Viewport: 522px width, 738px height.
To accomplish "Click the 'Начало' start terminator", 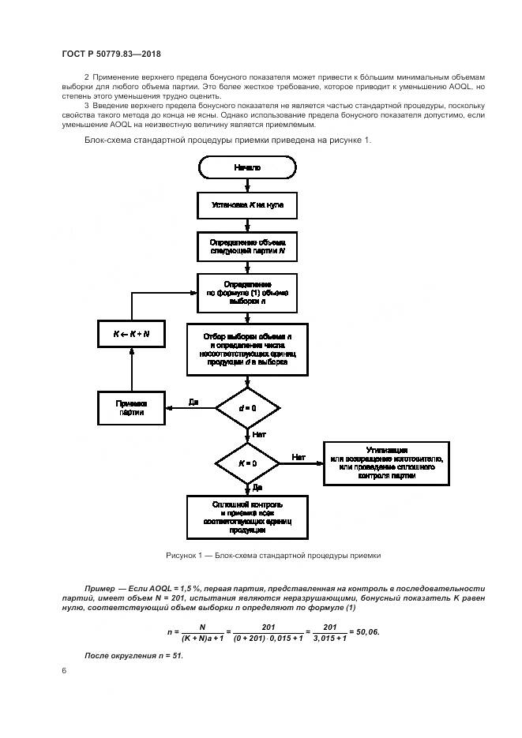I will pos(247,168).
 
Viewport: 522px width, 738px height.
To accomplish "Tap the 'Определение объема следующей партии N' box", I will pos(247,245).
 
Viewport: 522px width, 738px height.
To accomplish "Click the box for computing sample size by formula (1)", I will pos(247,293).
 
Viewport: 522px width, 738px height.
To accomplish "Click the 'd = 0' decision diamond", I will pos(247,407).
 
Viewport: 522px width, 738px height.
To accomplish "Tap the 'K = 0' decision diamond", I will pos(247,464).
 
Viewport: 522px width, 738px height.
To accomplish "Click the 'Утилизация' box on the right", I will pos(386,464).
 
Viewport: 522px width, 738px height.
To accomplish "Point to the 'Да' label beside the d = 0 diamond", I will pos(193,402).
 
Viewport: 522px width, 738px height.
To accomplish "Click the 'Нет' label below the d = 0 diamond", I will pos(257,433).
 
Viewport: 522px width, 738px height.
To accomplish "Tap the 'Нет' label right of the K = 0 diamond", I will pos(299,457).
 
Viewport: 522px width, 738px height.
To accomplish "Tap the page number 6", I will pos(63,670).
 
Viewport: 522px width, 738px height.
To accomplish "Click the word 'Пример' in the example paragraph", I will pos(100,589).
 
